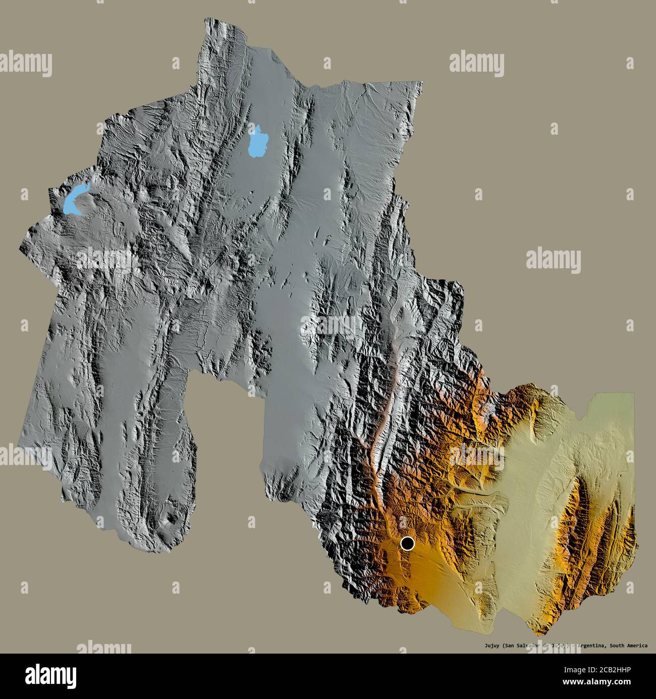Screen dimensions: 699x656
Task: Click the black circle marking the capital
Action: pyautogui.click(x=407, y=544)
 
